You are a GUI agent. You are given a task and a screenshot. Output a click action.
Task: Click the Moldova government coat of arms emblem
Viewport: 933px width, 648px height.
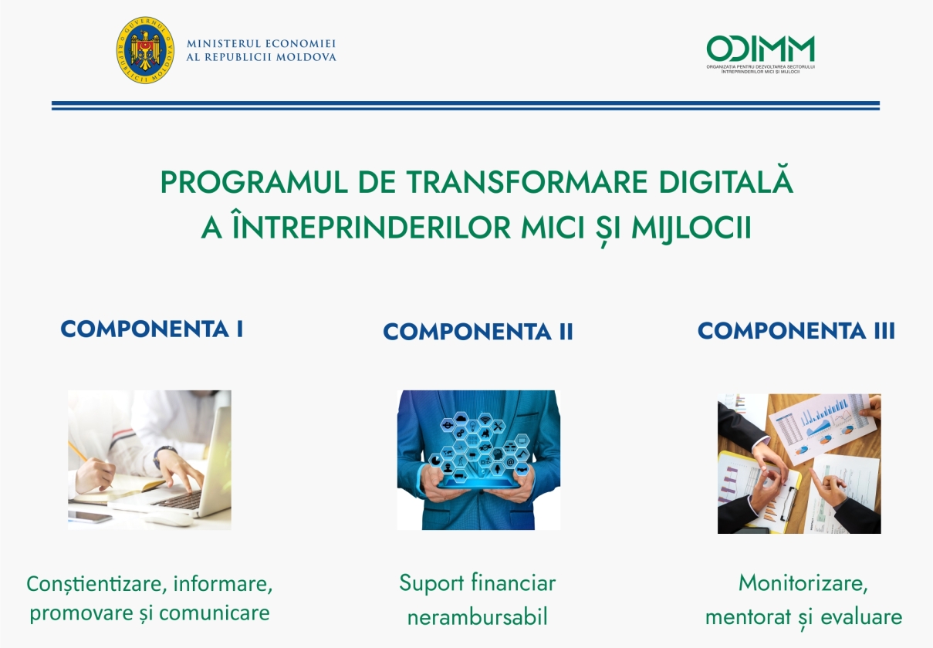tap(145, 50)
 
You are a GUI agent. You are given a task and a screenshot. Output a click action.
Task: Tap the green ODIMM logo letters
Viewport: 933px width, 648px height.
tap(761, 49)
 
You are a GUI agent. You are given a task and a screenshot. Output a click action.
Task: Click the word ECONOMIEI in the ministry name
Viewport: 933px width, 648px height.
tap(300, 43)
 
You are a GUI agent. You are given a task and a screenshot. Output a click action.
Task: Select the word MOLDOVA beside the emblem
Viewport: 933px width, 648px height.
tap(306, 57)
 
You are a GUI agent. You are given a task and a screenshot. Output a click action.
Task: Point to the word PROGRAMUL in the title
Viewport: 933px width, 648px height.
tap(254, 182)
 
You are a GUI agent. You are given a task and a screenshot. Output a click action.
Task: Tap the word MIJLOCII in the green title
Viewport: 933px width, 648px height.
tap(691, 228)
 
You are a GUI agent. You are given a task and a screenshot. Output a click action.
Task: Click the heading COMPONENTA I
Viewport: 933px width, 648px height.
tap(152, 329)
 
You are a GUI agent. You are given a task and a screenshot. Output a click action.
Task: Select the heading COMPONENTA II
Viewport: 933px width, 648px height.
tap(478, 332)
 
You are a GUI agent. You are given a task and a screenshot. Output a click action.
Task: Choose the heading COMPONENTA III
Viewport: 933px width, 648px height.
tap(796, 331)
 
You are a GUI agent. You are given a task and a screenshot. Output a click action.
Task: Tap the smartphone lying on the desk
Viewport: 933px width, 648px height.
tap(90, 516)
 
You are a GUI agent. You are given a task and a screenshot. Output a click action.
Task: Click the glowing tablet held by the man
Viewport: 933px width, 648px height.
tap(478, 484)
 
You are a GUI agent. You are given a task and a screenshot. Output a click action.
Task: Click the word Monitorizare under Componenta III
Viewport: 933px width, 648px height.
tap(803, 583)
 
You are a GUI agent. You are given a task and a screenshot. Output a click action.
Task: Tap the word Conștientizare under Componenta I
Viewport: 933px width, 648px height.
tap(96, 584)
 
